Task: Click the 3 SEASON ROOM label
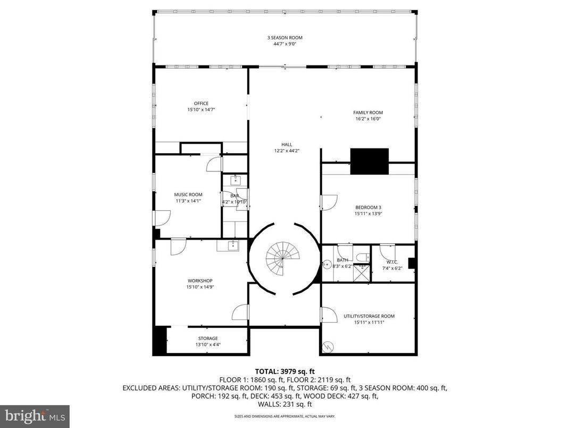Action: coord(284,38)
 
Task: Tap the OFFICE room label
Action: coord(201,103)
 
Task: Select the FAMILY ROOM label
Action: coord(368,112)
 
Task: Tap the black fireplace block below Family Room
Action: coord(369,161)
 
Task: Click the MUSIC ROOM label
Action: coord(188,195)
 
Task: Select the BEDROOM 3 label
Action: coord(368,207)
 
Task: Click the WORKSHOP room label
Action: coord(200,281)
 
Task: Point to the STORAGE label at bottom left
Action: coord(208,338)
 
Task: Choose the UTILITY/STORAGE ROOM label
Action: coord(368,316)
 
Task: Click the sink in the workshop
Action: coord(232,245)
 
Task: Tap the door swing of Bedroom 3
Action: coord(329,202)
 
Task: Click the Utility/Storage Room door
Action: coord(329,315)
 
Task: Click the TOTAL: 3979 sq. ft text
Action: coord(285,371)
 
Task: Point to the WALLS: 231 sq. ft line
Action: coord(285,404)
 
